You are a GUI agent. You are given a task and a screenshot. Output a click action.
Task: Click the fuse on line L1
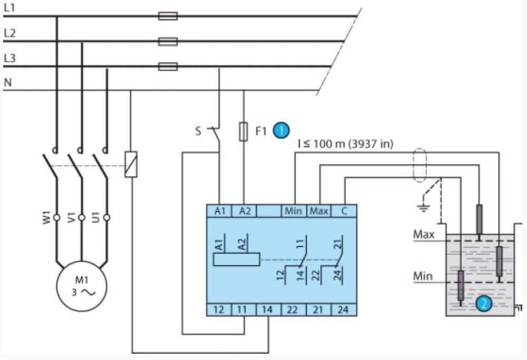168,16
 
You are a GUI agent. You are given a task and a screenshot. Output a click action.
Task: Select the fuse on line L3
168,67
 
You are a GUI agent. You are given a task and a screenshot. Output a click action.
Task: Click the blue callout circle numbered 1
282,130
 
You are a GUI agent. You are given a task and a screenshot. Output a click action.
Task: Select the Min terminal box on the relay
293,211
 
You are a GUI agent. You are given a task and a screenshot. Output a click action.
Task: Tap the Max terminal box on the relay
319,211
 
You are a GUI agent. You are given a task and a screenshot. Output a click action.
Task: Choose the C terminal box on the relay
344,211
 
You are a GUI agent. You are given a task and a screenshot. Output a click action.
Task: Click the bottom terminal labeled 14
269,309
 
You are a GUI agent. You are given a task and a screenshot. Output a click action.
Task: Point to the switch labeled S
214,132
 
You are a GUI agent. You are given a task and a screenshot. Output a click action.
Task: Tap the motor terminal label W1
46,217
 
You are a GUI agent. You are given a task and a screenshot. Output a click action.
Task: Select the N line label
7,83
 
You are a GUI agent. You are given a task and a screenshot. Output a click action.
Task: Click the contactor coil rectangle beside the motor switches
131,164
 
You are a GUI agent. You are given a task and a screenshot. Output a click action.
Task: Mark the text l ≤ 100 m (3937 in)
345,143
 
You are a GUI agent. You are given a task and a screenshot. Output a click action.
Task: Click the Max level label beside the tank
423,234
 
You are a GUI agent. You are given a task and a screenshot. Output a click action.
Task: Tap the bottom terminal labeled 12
219,309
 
